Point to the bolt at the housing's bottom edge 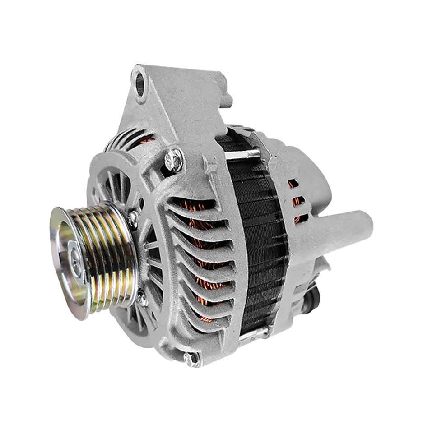click(191, 359)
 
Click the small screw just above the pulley click(132, 218)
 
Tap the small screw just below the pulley click(142, 297)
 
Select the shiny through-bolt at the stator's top click(244, 154)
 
